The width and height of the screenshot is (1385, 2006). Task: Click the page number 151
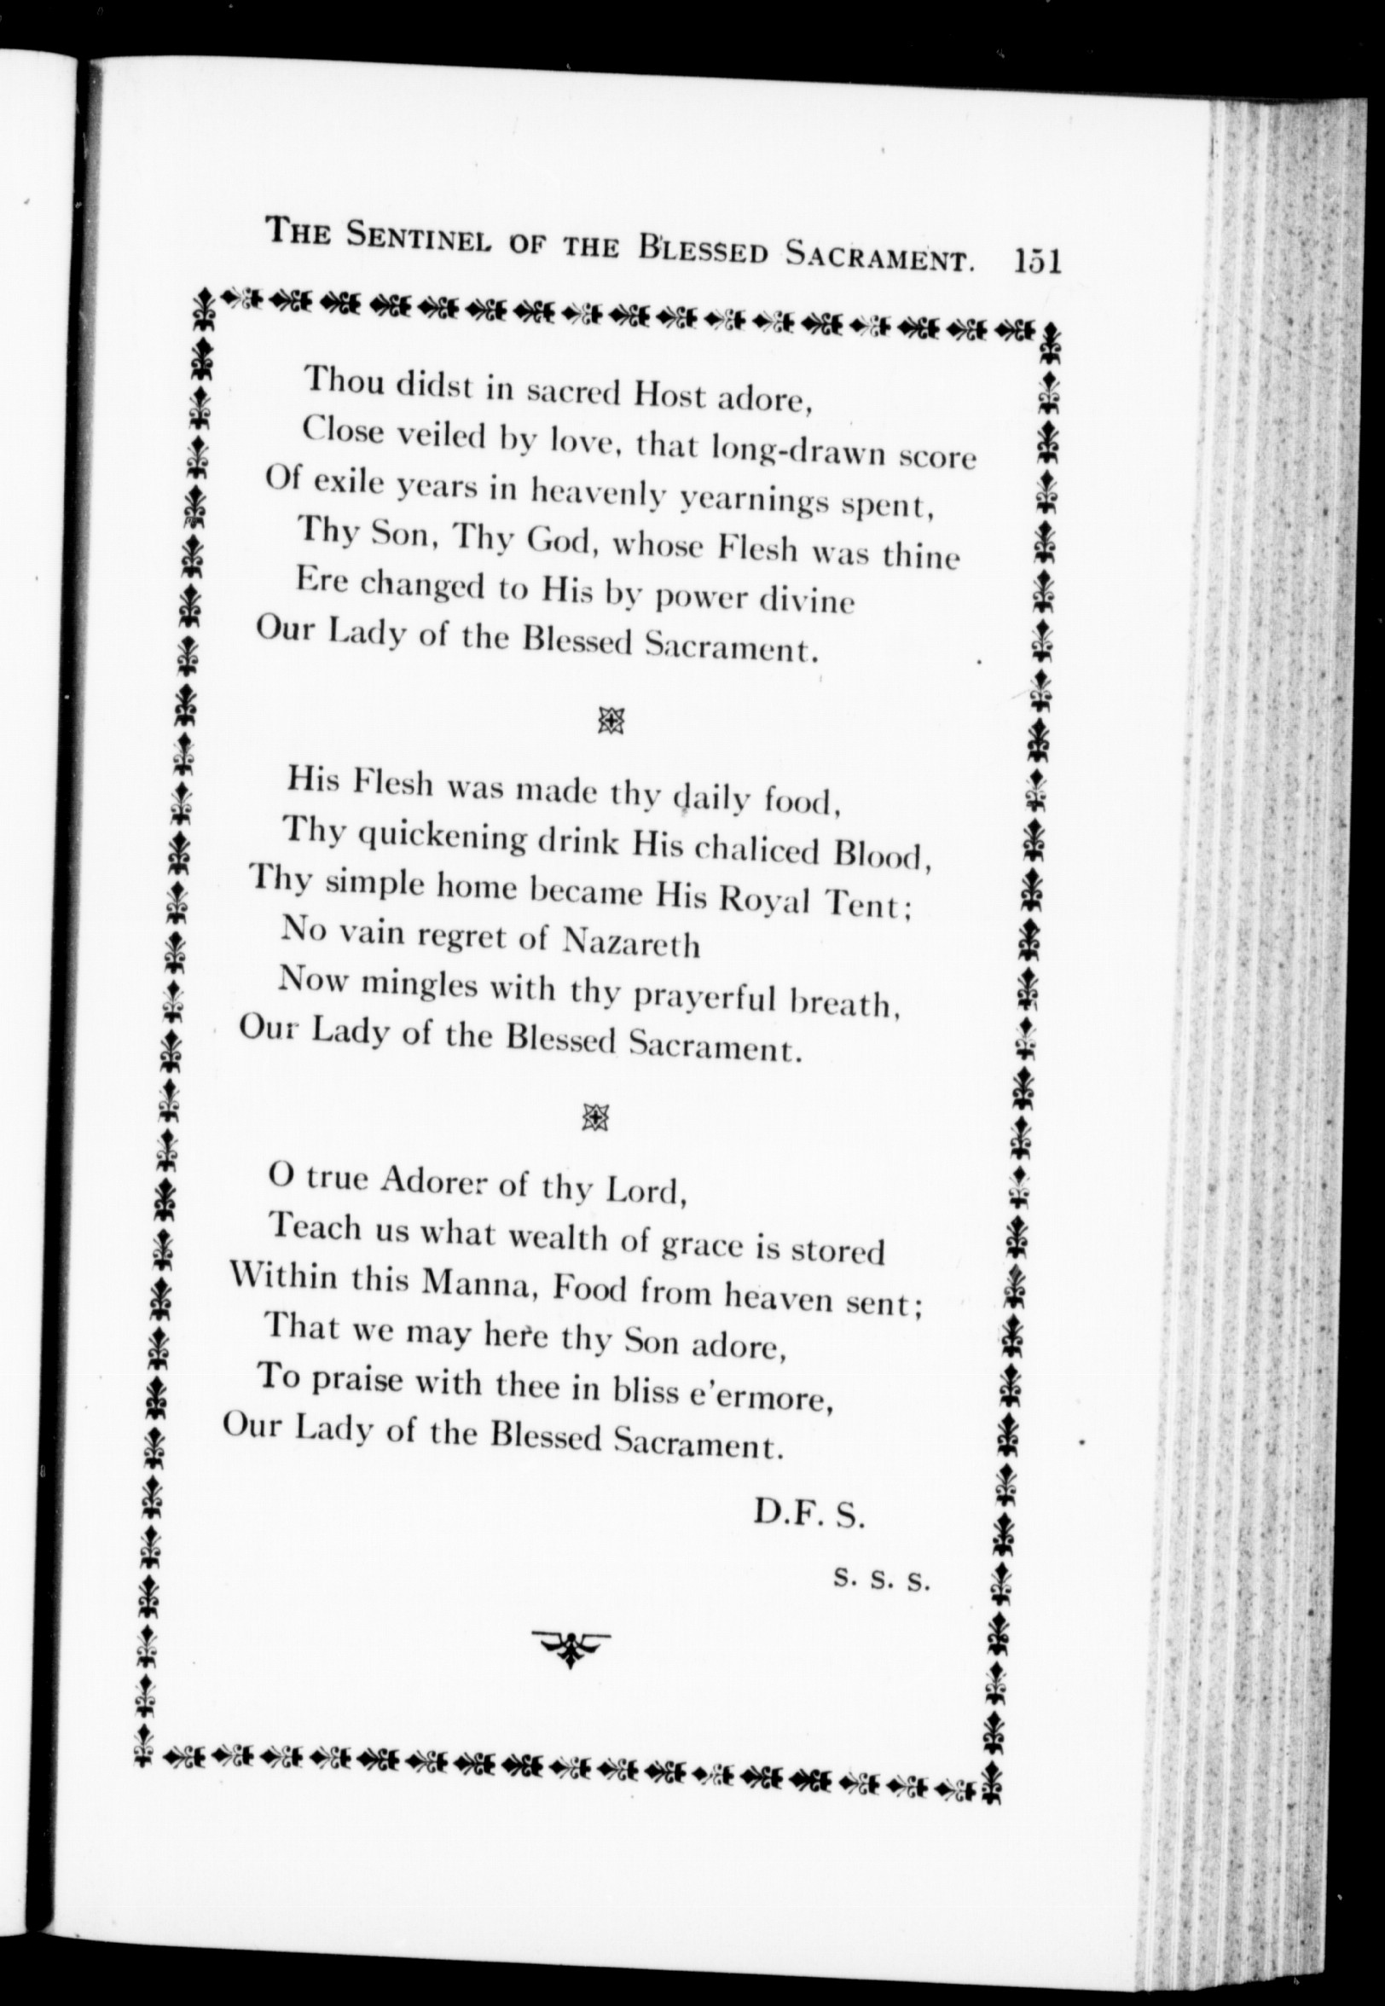(x=1037, y=260)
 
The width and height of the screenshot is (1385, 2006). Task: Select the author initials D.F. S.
(x=808, y=1512)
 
